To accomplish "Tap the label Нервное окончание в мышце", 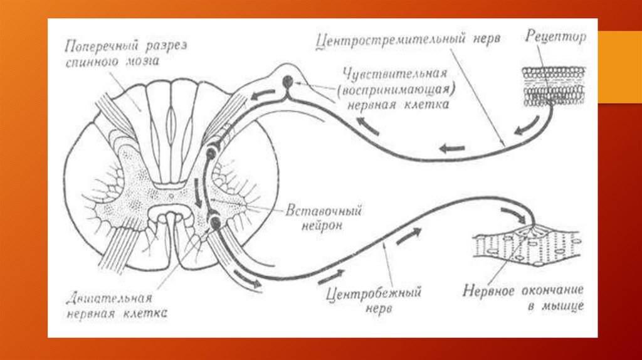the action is [x=524, y=299].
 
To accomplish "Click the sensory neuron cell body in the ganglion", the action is [x=288, y=82].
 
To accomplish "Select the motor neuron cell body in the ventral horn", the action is [x=214, y=221].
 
